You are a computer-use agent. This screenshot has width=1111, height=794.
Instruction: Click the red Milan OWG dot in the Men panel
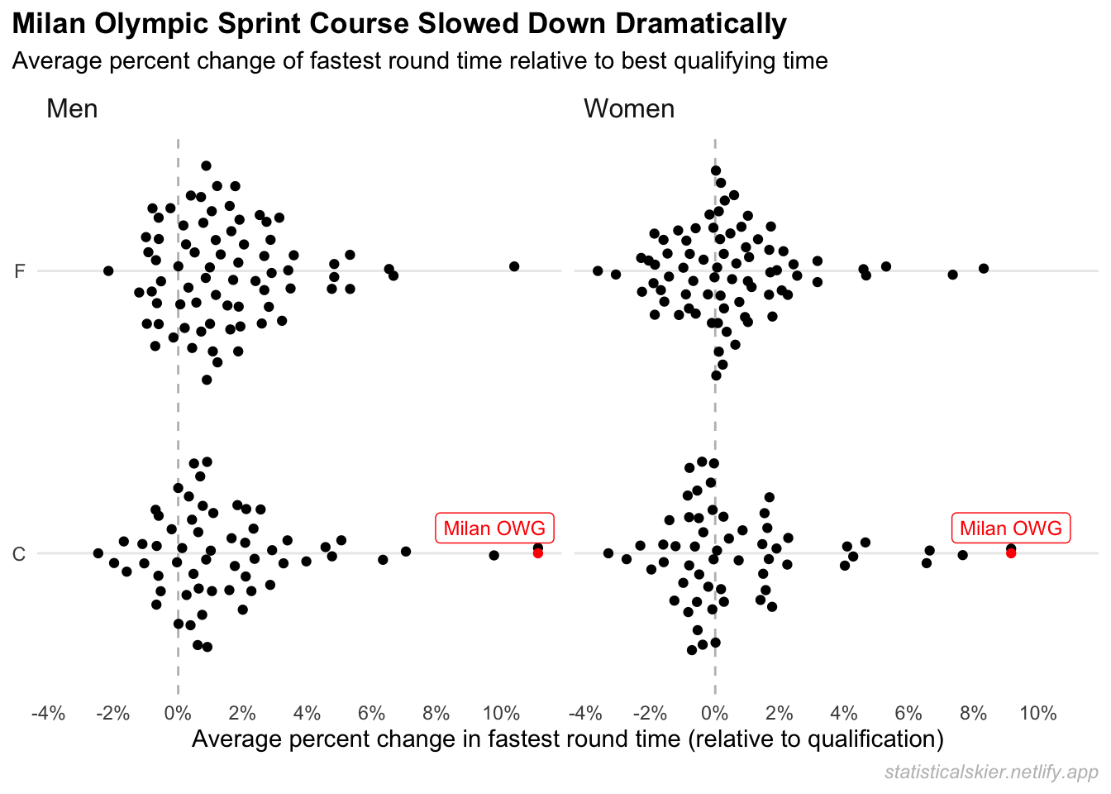tap(538, 553)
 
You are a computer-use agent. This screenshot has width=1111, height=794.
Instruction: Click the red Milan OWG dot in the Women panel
tap(1011, 553)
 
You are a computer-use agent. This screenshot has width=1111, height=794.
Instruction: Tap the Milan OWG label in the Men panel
tap(494, 529)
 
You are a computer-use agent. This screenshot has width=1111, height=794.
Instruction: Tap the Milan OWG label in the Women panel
tap(1011, 529)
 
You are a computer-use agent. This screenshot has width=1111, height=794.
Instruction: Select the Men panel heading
tap(72, 109)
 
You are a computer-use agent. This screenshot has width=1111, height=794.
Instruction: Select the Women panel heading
tap(629, 109)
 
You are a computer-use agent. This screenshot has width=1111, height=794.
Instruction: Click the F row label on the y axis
tap(20, 271)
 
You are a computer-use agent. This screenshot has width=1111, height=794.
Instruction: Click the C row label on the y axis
tap(20, 554)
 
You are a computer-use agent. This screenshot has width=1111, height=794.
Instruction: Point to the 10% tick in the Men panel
tap(501, 714)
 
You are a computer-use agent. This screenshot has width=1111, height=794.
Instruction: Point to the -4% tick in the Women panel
tap(585, 714)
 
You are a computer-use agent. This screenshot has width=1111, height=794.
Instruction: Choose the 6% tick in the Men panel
tap(372, 714)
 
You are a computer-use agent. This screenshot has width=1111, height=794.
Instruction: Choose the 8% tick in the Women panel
tap(973, 714)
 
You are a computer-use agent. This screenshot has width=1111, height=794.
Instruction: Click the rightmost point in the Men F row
tap(514, 266)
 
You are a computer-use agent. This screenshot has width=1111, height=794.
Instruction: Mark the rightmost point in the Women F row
tap(984, 268)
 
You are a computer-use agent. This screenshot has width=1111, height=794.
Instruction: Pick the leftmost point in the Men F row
tap(108, 270)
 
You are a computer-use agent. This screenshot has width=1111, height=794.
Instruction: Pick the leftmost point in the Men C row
tap(98, 553)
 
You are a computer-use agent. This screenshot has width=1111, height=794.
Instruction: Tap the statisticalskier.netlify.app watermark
tap(991, 772)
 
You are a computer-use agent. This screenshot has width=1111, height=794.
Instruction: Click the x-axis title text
tap(567, 739)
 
